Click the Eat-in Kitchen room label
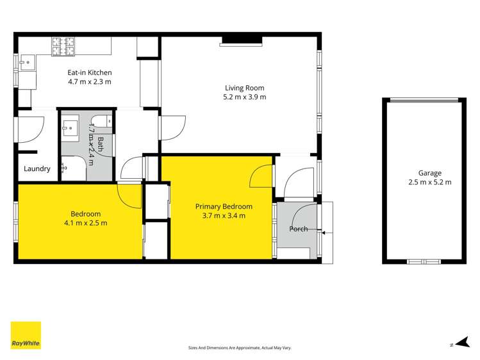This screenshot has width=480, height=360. click(90, 72)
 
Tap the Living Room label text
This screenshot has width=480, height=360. click(244, 88)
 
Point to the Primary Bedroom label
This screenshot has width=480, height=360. click(224, 206)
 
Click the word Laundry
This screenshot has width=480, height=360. click(37, 169)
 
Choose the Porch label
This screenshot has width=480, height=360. click(298, 229)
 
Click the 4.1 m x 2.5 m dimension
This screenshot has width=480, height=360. click(85, 223)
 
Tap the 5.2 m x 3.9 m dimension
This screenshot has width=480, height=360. click(244, 97)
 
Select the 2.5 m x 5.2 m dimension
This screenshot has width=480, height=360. click(429, 182)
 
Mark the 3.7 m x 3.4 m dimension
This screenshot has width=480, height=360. click(224, 215)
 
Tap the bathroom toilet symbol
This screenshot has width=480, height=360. click(101, 120)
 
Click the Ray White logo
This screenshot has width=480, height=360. click(26, 336)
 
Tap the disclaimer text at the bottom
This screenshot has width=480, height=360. click(240, 347)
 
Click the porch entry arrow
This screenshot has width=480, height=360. click(324, 232)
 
